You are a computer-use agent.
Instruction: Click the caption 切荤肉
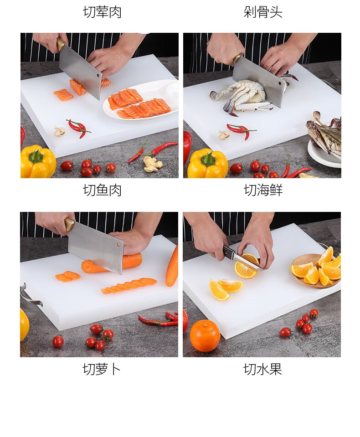tap(102, 12)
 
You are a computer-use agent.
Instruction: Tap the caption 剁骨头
tap(263, 12)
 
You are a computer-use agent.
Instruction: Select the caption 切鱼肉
tap(102, 190)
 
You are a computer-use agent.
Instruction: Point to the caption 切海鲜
tap(263, 190)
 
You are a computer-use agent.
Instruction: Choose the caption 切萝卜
tap(102, 369)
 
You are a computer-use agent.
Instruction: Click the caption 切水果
tap(262, 369)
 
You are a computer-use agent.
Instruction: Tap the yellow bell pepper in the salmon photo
tap(38, 161)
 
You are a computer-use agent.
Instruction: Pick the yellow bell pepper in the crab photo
tap(208, 164)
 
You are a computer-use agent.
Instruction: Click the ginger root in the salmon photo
tap(152, 164)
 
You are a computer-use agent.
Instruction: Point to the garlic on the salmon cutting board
tap(59, 131)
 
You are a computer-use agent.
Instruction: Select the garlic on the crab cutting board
tap(224, 134)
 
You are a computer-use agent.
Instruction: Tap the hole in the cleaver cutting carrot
tap(119, 245)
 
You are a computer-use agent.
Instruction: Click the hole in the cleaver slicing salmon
tap(98, 75)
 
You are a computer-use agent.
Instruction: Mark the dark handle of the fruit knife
tap(228, 252)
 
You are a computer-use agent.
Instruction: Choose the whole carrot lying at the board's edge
tap(172, 267)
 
